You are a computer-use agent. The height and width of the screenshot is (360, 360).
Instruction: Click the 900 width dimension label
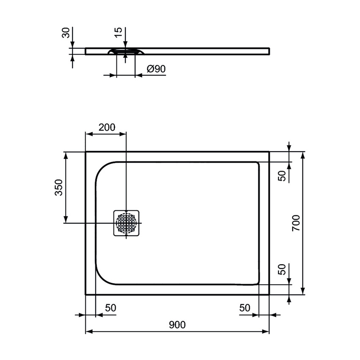(x=177, y=325)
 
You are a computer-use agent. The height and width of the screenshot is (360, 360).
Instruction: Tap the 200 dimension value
(x=106, y=127)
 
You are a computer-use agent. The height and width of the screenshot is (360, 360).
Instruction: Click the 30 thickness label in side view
(x=66, y=33)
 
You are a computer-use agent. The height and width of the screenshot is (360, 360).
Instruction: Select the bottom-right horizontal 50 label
(x=245, y=308)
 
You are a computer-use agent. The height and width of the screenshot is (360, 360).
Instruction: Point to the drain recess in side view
(x=126, y=52)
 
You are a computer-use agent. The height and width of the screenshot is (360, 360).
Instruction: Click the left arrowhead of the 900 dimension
(x=89, y=332)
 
